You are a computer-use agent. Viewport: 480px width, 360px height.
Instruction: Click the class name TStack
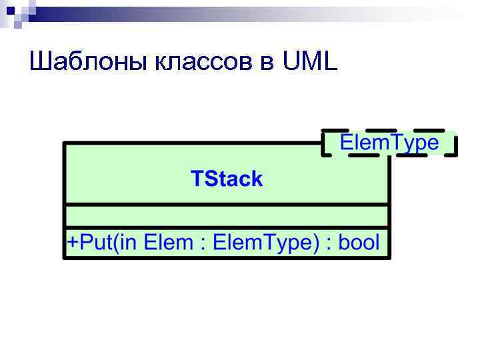227,179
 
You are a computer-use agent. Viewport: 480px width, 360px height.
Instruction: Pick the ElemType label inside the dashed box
390,143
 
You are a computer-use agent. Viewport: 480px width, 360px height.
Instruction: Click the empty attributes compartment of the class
227,215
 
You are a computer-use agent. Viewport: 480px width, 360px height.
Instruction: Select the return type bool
359,242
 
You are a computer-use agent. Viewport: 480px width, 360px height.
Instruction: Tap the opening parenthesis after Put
115,243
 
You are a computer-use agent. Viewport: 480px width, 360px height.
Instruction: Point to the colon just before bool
329,243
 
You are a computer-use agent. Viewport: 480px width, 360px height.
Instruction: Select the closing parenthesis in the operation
316,243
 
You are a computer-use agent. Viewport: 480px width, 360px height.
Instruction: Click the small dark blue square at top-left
9,9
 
